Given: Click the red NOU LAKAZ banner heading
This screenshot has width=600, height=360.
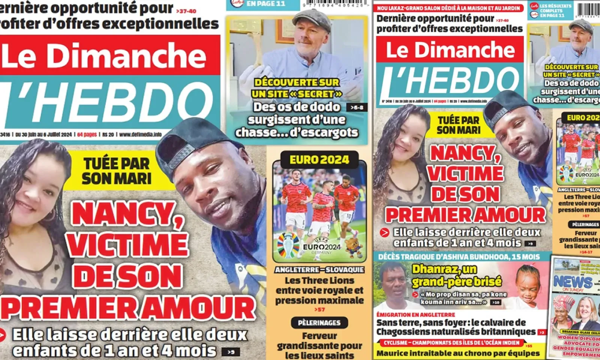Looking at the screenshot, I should [x=448, y=8].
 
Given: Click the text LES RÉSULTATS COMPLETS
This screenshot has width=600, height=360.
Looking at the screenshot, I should [x=555, y=8].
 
